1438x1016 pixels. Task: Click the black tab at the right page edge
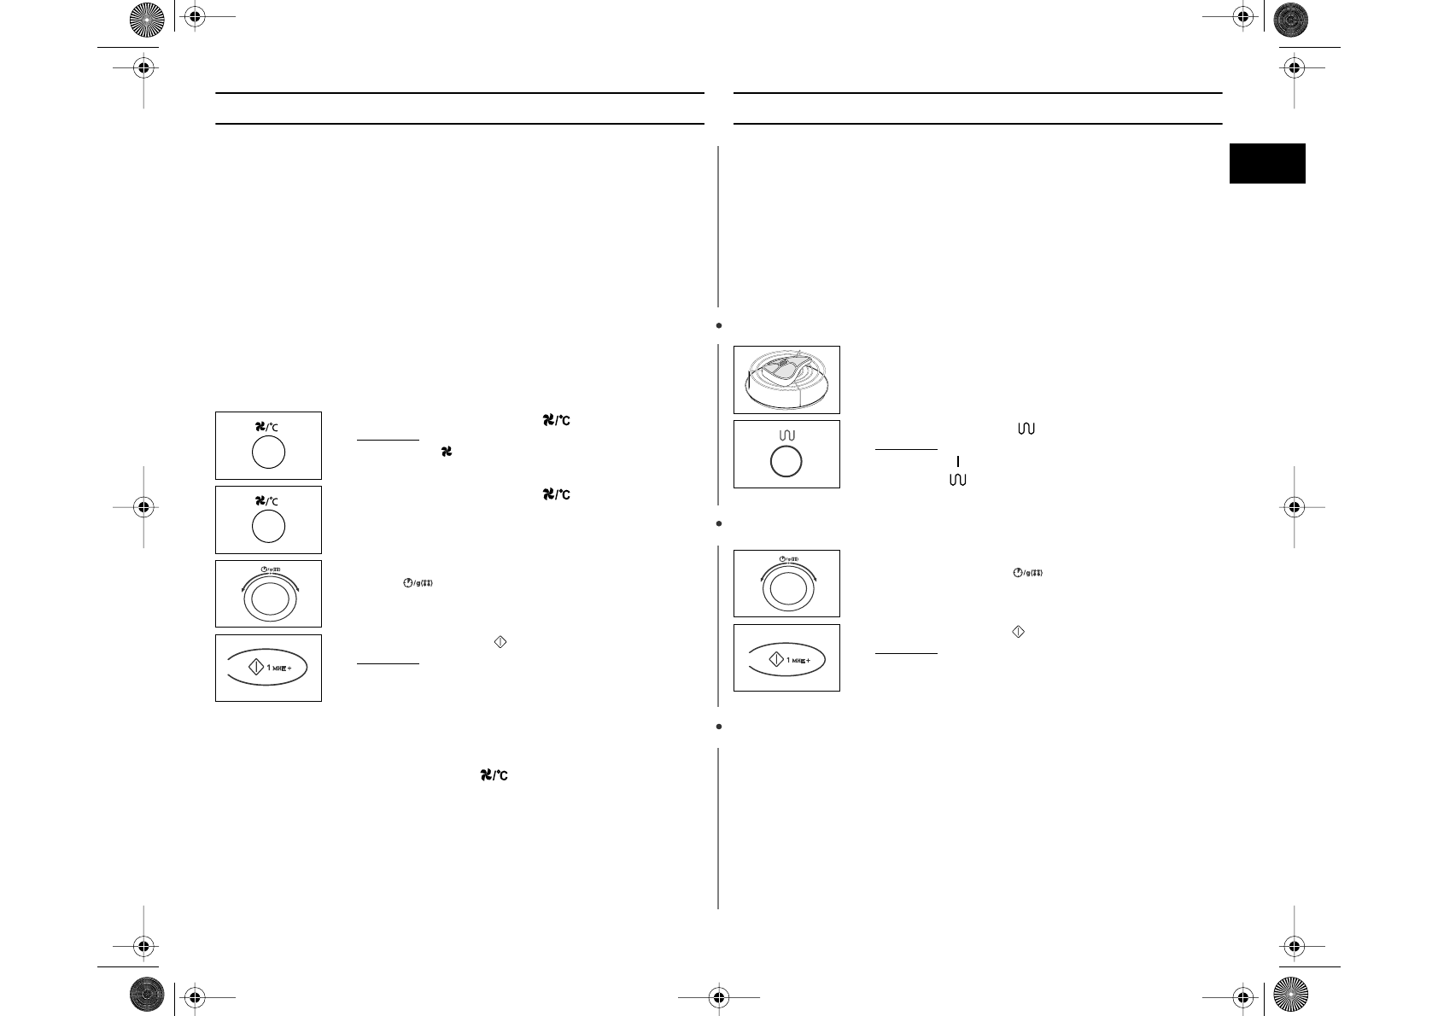(1267, 163)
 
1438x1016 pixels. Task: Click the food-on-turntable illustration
(786, 380)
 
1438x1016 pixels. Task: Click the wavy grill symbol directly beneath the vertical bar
(957, 481)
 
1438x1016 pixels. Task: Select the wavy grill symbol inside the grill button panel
(786, 435)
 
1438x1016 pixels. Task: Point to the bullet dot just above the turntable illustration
(720, 325)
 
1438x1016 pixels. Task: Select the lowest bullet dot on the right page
(720, 727)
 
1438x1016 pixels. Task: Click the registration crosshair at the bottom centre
(718, 996)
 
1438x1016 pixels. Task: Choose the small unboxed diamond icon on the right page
(1017, 632)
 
